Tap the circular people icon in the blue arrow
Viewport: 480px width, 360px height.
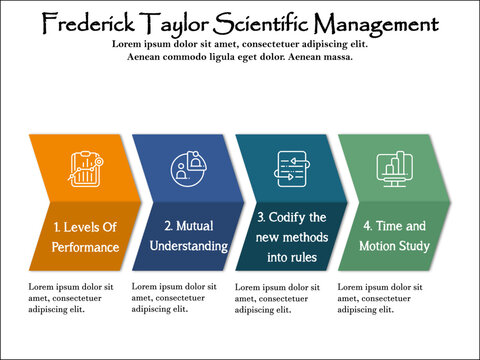pos(188,167)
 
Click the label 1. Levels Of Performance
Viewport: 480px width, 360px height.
pos(86,237)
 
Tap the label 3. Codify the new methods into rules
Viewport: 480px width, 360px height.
pos(292,237)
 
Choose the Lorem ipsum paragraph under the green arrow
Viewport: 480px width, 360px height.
pos(381,297)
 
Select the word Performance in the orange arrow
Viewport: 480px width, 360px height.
pos(86,247)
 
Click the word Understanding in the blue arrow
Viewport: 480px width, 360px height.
pos(190,246)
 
